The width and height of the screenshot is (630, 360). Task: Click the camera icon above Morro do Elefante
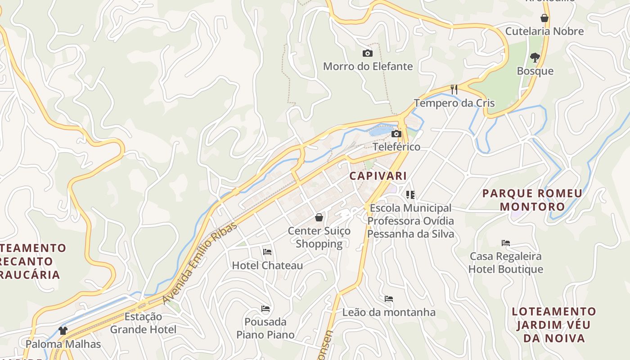(368, 54)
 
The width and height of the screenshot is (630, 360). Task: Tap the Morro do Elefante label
(368, 67)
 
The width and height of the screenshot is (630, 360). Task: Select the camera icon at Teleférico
(396, 134)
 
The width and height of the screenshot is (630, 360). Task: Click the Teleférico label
(396, 147)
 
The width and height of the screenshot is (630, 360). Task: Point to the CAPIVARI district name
(378, 176)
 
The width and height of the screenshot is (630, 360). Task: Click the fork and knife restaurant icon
(454, 90)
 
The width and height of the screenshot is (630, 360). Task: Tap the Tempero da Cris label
(454, 103)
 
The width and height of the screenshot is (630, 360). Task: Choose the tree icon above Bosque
(535, 58)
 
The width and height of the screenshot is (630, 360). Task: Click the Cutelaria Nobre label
(544, 31)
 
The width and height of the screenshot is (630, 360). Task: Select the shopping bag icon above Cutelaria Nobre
(544, 18)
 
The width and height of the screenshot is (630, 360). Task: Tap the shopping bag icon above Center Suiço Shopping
(319, 218)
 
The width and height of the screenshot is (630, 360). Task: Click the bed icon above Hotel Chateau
(267, 252)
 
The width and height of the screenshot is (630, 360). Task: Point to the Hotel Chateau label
(267, 265)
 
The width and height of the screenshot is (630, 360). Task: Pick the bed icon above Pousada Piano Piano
(265, 309)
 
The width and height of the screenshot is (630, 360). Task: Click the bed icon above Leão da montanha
(389, 299)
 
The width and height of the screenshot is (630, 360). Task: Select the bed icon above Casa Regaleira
(506, 243)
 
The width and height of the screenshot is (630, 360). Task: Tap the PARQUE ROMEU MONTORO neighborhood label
(532, 200)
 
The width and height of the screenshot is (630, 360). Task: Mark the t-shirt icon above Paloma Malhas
(63, 331)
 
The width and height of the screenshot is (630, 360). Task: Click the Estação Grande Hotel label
(143, 323)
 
